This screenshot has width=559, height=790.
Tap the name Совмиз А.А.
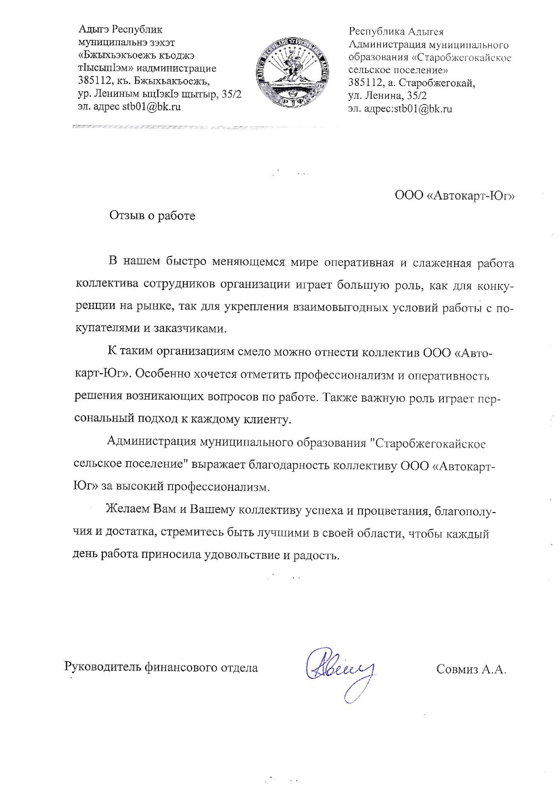(471, 669)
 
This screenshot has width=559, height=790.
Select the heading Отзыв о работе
(152, 216)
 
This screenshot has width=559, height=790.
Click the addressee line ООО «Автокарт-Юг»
(455, 195)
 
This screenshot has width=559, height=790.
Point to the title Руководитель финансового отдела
(161, 667)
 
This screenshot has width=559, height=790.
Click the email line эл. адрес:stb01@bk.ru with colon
(400, 109)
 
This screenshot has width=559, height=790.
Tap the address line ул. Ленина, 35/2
(387, 96)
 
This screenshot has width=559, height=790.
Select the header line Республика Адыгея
(396, 32)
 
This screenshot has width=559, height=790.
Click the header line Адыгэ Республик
(120, 30)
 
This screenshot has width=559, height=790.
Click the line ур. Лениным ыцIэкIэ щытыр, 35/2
(160, 94)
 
